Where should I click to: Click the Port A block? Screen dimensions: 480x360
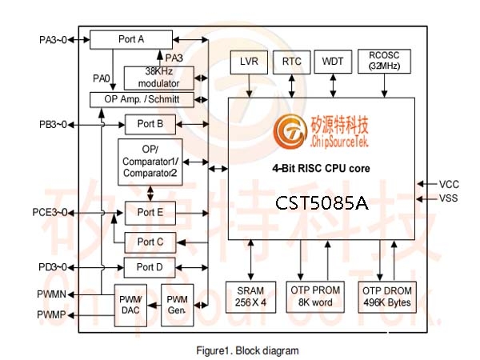pyautogui.click(x=131, y=39)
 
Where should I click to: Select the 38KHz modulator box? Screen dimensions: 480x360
pyautogui.click(x=159, y=78)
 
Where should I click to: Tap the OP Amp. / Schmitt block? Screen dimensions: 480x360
pyautogui.click(x=142, y=99)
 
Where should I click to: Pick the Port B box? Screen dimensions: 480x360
pyautogui.click(x=150, y=124)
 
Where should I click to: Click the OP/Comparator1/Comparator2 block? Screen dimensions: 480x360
pyautogui.click(x=150, y=162)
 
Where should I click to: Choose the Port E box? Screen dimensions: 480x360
pyautogui.click(x=150, y=213)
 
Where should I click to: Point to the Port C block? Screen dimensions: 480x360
pyautogui.click(x=150, y=242)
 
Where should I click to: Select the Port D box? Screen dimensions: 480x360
pyautogui.click(x=150, y=267)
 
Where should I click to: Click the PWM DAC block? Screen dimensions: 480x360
pyautogui.click(x=130, y=306)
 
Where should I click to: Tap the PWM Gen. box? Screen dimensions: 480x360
pyautogui.click(x=178, y=305)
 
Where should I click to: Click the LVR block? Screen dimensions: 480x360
pyautogui.click(x=249, y=62)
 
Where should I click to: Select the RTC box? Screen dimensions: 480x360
pyautogui.click(x=292, y=62)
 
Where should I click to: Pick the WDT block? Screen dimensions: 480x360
pyautogui.click(x=333, y=62)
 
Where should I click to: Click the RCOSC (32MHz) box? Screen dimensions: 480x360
pyautogui.click(x=384, y=62)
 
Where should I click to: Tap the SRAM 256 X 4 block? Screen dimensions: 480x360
pyautogui.click(x=250, y=297)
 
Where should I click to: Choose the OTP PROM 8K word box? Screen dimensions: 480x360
pyautogui.click(x=315, y=297)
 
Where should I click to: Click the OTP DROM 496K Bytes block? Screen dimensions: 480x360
pyautogui.click(x=387, y=297)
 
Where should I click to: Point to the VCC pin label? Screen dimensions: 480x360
pyautogui.click(x=449, y=184)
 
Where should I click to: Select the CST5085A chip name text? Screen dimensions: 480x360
pyautogui.click(x=322, y=203)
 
